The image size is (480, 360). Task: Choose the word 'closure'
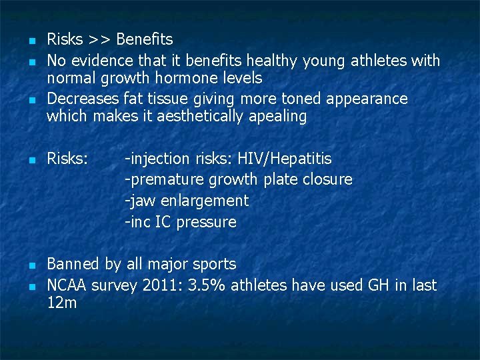pyautogui.click(x=327, y=180)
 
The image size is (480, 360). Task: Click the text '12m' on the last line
pyautogui.click(x=61, y=304)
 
